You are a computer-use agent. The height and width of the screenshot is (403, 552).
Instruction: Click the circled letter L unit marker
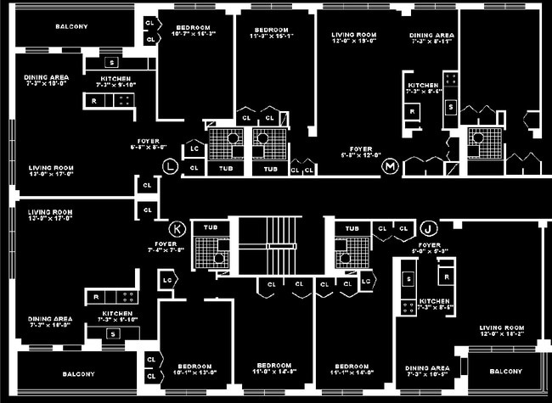coord(172,165)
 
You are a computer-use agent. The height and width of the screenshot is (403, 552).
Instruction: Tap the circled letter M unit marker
coord(391,165)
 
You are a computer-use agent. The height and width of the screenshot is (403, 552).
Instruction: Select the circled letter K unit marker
coord(178,227)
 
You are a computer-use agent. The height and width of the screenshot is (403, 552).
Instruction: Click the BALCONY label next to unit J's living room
coord(505,372)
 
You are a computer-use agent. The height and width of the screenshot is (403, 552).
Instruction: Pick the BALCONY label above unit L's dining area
coord(71,26)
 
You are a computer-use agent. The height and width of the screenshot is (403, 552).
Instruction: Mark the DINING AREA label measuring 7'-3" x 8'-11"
coord(432,39)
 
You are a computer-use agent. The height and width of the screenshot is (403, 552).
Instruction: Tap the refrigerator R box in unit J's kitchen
coord(444,276)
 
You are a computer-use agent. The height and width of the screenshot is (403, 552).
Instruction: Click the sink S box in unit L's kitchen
coord(111,63)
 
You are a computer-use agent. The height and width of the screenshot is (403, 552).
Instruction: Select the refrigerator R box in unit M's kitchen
coord(413,110)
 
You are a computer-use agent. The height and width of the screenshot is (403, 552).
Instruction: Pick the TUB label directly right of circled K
coord(209,228)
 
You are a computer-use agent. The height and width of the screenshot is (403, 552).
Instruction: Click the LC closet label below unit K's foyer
coord(167,279)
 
